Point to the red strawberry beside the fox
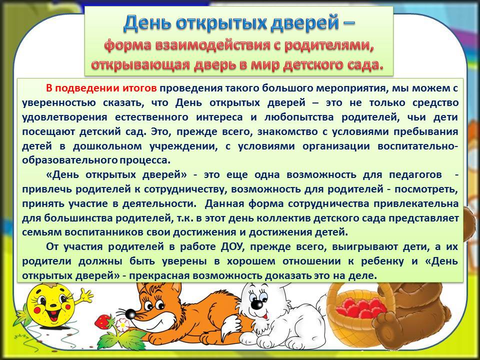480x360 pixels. coord(103,321)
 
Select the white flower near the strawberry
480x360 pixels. coord(123,325)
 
